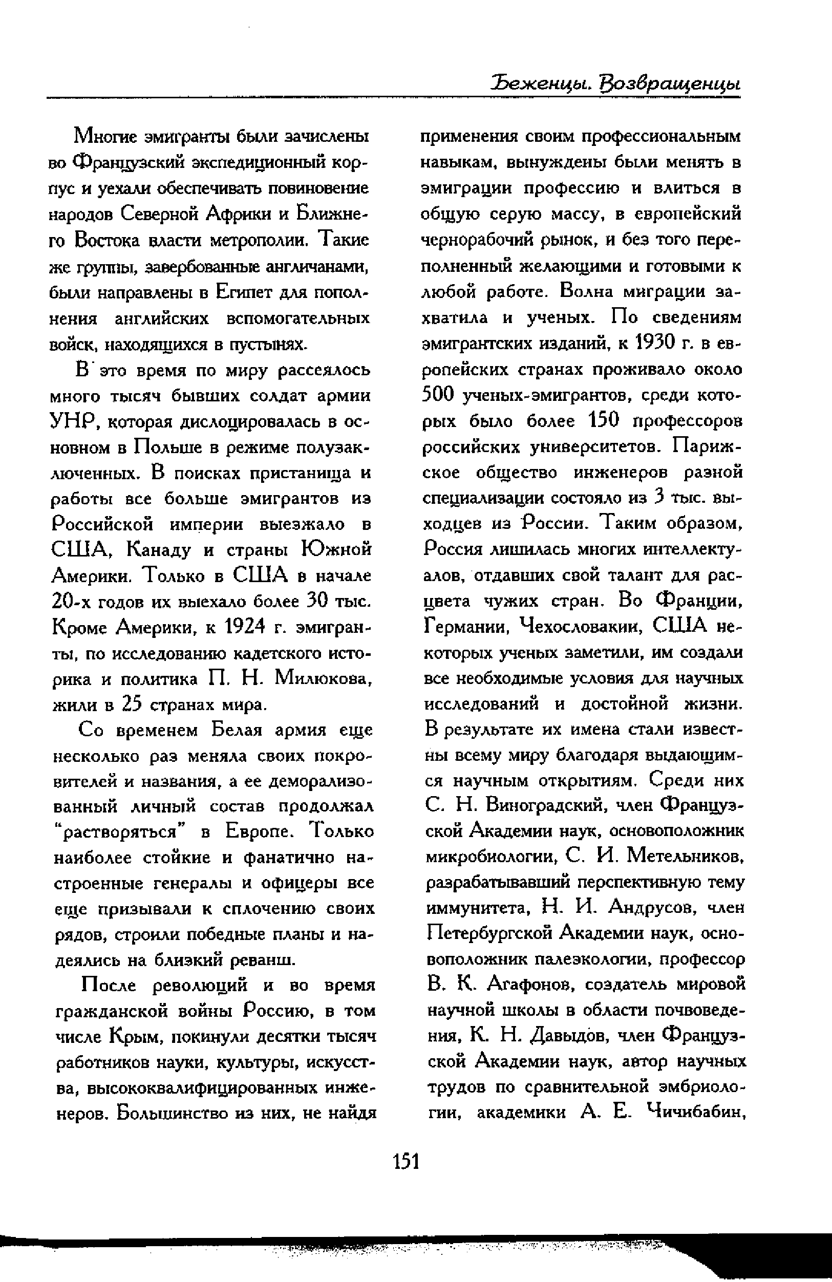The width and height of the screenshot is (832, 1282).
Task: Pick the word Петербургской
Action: click(x=489, y=933)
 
